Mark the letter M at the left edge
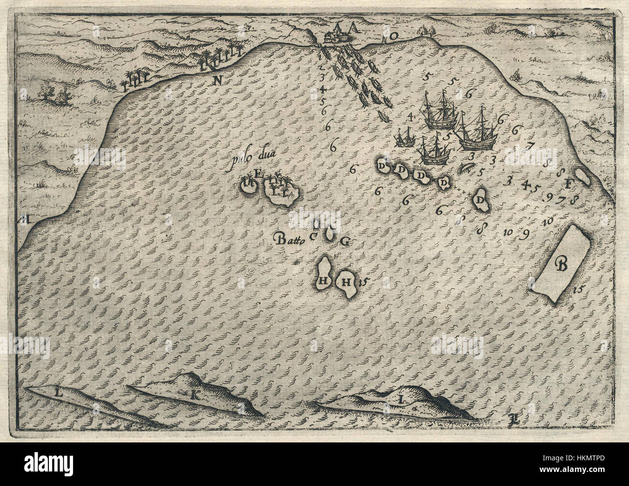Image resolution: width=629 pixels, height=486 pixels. click(24, 220)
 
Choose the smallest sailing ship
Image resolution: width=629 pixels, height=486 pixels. click(405, 137)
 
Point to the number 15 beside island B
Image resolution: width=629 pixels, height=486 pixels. click(576, 290)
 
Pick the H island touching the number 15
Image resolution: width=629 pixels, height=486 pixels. click(346, 282)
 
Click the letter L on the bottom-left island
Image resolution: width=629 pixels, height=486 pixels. click(59, 393)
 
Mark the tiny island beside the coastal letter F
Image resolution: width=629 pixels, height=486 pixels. click(583, 178)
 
